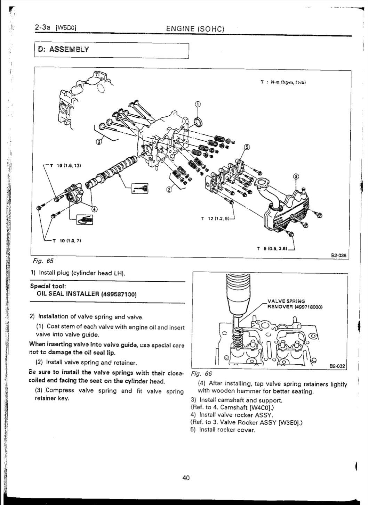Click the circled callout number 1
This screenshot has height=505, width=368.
click(198, 104)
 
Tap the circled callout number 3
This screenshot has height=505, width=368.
click(98, 141)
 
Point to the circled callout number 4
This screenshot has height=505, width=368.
click(94, 209)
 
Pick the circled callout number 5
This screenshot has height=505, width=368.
click(247, 147)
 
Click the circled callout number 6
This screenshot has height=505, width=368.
click(296, 176)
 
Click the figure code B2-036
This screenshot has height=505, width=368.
click(339, 255)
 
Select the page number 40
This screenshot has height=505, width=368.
click(186, 478)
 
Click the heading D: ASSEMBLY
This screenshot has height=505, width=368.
click(64, 49)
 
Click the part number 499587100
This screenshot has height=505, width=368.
click(119, 294)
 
